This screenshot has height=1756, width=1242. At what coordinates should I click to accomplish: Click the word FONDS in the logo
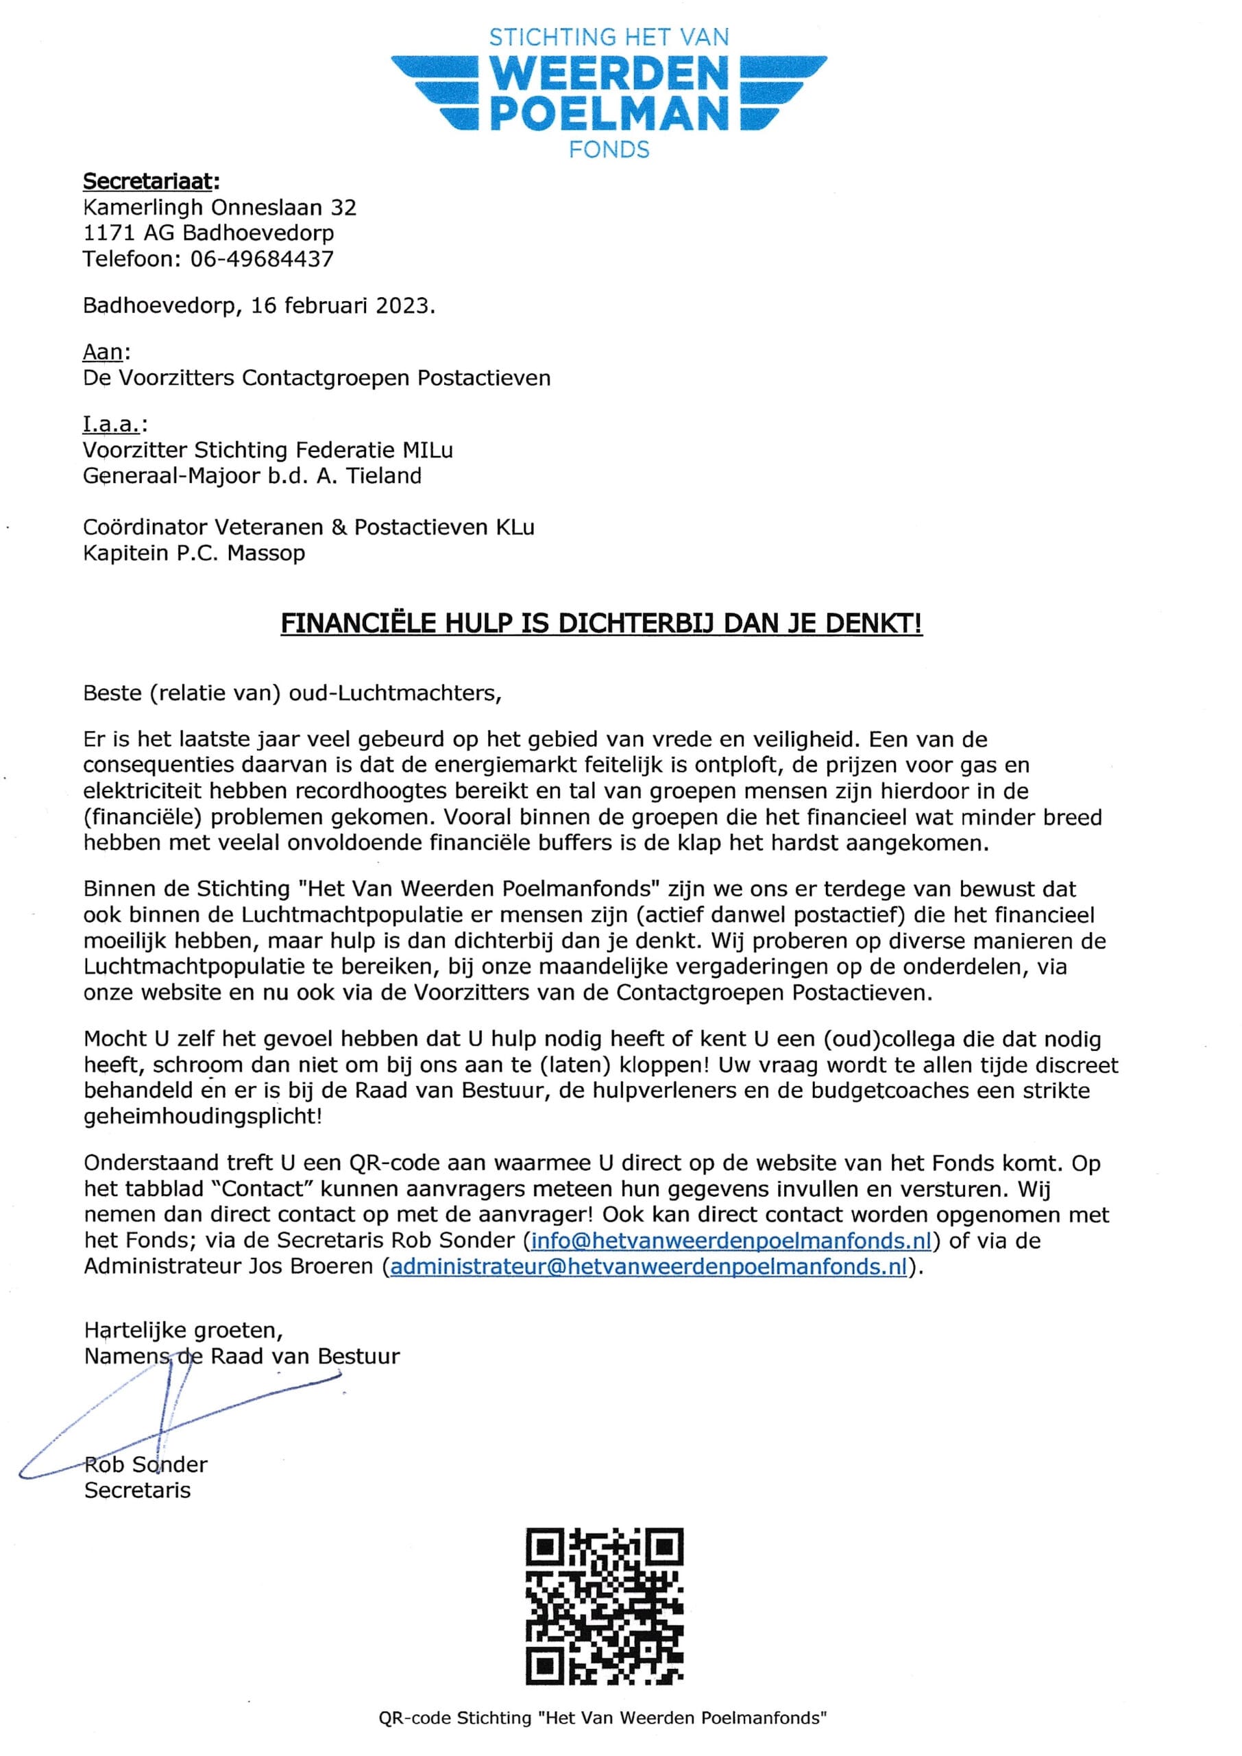pos(609,150)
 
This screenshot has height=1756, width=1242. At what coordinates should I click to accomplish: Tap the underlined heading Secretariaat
pos(150,181)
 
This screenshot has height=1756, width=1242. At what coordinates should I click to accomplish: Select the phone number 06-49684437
pos(262,259)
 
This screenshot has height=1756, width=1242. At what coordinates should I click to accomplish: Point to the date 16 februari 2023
pos(341,305)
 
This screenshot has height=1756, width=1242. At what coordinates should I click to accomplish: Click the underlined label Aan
pos(103,352)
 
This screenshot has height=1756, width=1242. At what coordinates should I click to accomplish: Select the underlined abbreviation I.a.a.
pos(112,424)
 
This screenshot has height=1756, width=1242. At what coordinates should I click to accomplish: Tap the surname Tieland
pos(384,476)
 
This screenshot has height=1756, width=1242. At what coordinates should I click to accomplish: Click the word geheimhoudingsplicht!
pos(203,1115)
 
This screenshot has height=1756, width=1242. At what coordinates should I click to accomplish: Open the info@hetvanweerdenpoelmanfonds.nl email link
pos(731,1240)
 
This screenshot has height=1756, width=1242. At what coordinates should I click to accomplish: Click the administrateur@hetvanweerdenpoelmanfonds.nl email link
pos(648,1266)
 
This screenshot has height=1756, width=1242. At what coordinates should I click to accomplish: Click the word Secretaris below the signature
pos(138,1490)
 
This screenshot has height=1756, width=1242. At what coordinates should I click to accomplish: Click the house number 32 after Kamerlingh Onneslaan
pos(343,207)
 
